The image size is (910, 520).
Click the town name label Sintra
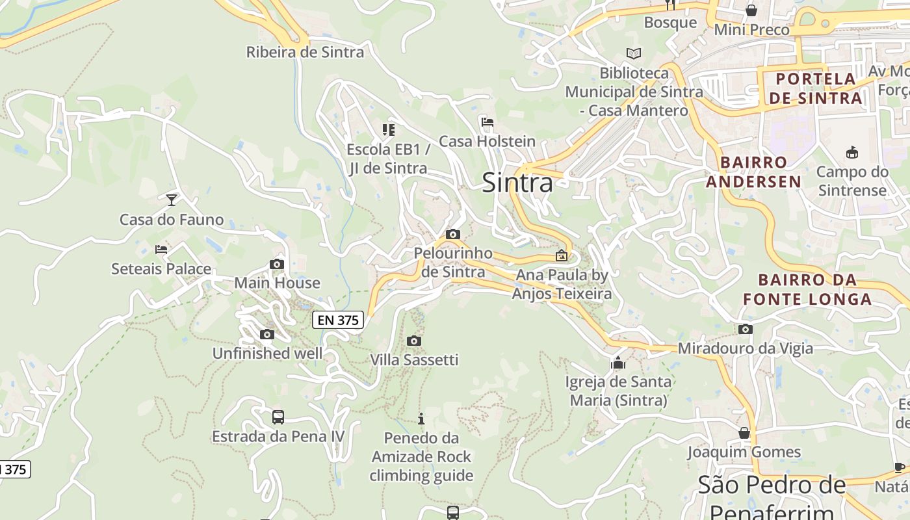(x=517, y=183)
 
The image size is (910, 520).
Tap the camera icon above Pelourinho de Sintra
(x=453, y=234)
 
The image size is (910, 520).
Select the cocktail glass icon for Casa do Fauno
(x=172, y=200)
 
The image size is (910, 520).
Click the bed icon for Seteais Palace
(x=161, y=249)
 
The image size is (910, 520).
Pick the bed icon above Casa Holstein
(x=487, y=122)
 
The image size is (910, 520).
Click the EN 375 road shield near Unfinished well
(x=338, y=320)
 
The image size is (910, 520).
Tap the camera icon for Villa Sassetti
(x=413, y=341)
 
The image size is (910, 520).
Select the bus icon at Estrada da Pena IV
(x=278, y=417)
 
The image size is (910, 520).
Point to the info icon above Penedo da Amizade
(x=421, y=418)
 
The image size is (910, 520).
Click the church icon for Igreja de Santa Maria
(x=617, y=362)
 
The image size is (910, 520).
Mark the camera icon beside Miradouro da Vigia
(x=746, y=329)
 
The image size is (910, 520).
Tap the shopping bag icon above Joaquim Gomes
(x=744, y=432)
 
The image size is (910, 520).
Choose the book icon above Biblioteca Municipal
(x=633, y=53)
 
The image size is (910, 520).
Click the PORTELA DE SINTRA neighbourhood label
(x=818, y=88)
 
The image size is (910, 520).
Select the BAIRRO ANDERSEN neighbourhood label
(x=753, y=172)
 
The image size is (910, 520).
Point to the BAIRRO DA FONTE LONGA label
(x=807, y=290)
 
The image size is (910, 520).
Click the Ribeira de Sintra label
(x=305, y=52)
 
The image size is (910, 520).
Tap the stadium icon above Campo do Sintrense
(x=851, y=153)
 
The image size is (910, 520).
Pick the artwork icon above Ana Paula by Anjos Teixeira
(x=562, y=255)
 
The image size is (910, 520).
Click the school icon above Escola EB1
(x=388, y=130)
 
